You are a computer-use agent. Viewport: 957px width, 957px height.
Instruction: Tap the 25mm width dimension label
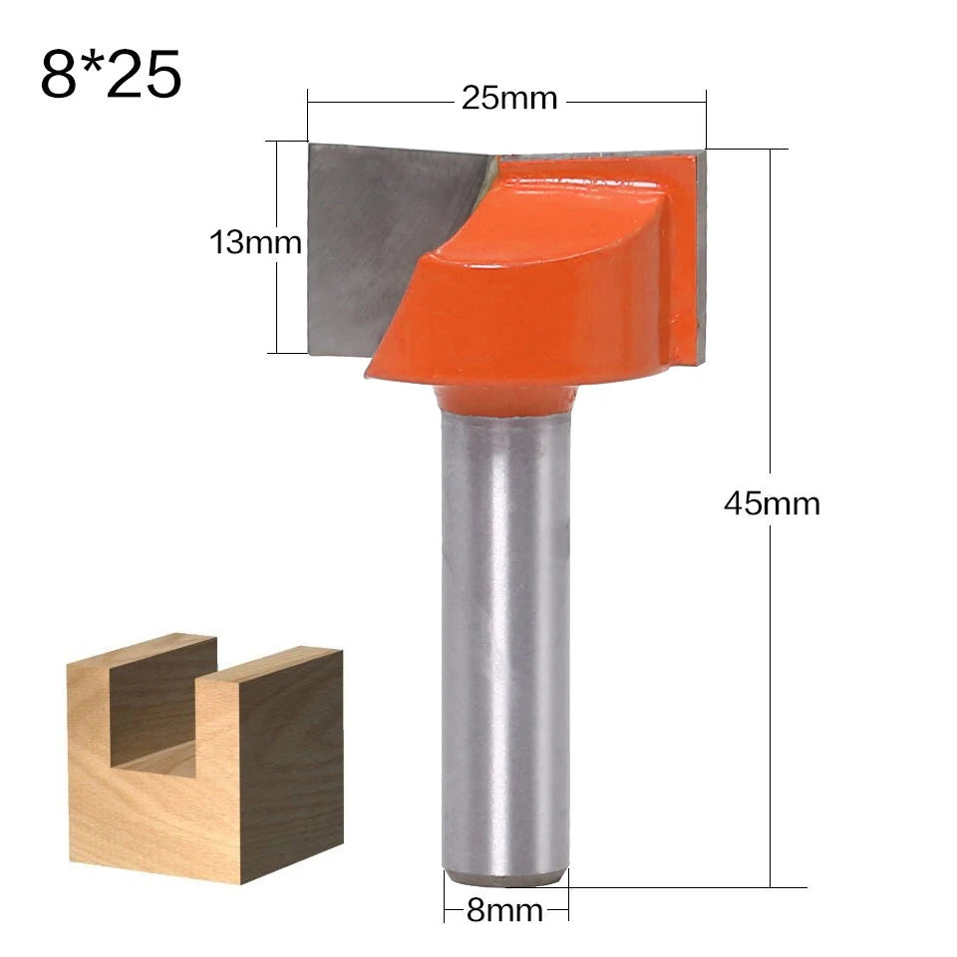508,99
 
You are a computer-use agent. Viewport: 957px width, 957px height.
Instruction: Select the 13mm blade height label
255,242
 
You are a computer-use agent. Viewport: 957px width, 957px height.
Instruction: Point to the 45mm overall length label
772,503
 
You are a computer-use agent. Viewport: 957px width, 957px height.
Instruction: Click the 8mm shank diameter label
504,910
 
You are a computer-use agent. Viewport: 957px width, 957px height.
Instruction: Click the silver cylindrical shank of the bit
504,638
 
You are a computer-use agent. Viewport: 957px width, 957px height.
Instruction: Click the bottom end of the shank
506,877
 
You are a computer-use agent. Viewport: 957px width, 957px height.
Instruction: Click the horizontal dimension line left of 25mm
379,100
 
